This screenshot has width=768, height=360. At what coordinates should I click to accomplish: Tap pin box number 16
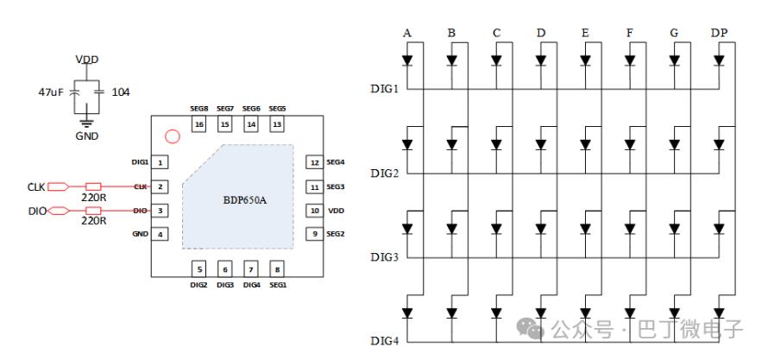[x=199, y=125]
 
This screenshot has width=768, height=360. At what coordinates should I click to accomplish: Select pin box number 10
[x=314, y=210]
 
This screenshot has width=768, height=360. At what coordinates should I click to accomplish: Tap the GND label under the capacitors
[x=86, y=136]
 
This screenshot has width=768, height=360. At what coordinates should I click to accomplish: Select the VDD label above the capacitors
[x=86, y=59]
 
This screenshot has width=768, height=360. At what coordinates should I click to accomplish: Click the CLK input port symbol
[x=59, y=186]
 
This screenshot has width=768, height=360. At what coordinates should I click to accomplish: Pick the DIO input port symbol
[x=59, y=210]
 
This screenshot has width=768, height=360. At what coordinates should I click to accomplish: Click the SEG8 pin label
[x=199, y=109]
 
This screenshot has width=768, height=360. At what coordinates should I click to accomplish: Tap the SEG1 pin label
[x=277, y=284]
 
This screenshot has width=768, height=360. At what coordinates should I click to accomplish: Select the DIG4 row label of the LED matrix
[x=385, y=340]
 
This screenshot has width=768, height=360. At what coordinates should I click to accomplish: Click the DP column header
[x=718, y=33]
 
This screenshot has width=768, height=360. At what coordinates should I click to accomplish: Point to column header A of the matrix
[x=406, y=33]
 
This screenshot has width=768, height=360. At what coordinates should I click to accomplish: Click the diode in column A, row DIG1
[x=406, y=61]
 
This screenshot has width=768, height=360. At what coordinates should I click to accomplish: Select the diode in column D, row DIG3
[x=540, y=229]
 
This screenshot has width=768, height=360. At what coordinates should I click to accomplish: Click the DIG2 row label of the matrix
[x=385, y=173]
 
